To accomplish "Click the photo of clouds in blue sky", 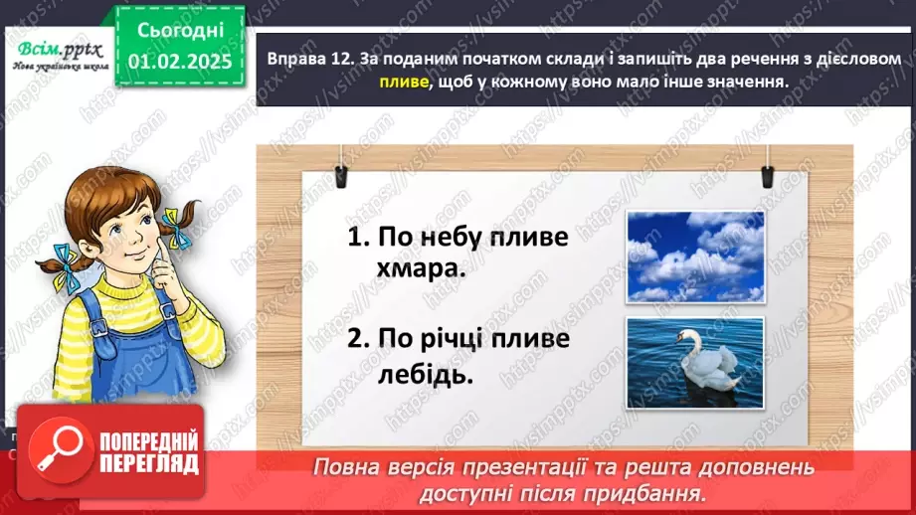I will tap(694, 257).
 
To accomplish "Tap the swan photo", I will tap(694, 362).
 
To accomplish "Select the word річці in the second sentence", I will tap(460, 340).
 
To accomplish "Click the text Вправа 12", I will tap(309, 60).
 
